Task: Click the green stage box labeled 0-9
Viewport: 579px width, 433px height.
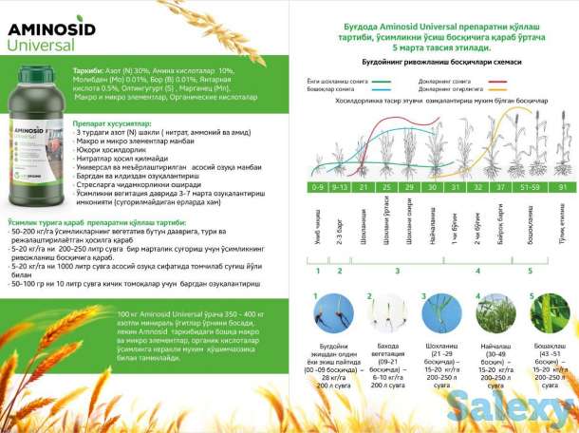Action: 320,188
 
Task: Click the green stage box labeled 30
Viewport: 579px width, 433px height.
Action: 432,188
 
